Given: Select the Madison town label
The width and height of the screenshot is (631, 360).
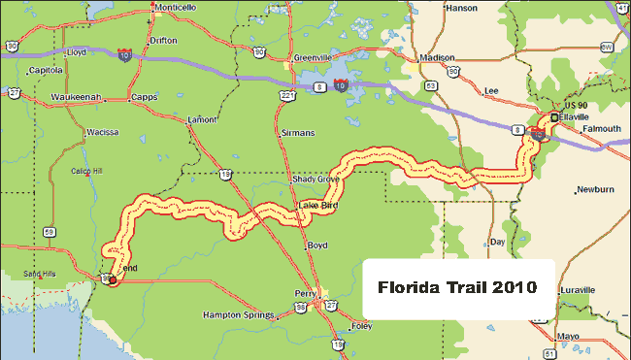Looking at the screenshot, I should click(439, 56).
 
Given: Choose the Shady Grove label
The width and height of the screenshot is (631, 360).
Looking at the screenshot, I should click(315, 180).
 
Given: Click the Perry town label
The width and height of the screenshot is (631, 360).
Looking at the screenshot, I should click(306, 293).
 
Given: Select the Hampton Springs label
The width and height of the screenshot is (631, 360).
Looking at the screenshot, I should click(237, 314).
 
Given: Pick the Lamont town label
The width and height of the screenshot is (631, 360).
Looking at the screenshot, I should click(201, 118).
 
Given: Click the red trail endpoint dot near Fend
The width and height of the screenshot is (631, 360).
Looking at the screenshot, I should click(113, 280).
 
